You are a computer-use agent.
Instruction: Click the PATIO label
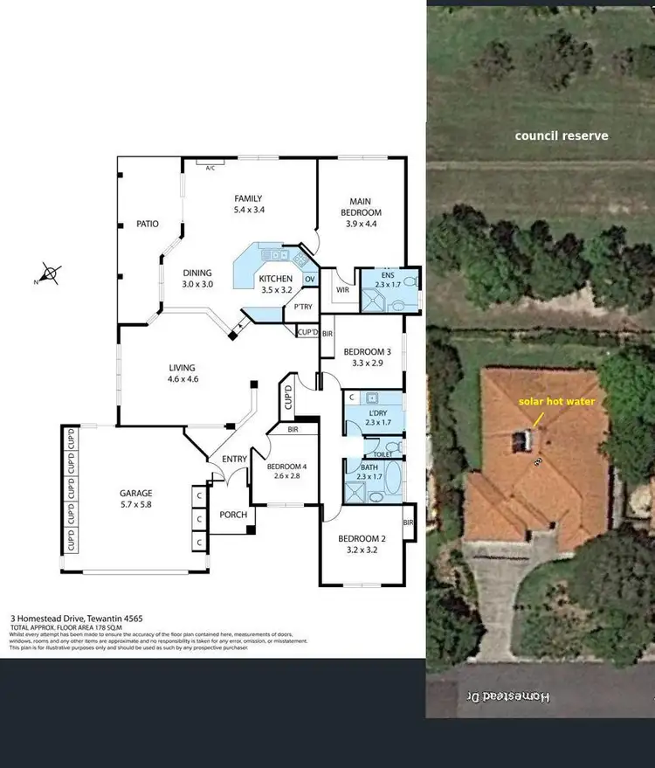(148, 224)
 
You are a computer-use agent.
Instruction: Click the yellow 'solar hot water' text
(556, 401)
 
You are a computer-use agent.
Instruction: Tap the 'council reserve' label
(561, 135)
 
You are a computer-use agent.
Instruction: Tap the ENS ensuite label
(389, 273)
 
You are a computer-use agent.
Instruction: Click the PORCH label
(233, 515)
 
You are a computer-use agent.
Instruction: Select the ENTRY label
(235, 459)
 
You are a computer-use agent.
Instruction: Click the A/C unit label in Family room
(210, 168)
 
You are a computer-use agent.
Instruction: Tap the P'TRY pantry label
(303, 307)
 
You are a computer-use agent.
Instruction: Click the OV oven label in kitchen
(308, 279)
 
